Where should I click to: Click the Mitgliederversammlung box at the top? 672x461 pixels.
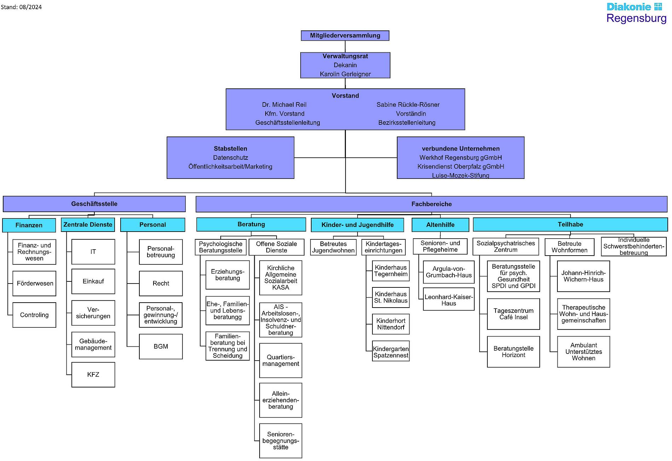tap(345, 35)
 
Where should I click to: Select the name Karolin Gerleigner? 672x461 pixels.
tap(345, 74)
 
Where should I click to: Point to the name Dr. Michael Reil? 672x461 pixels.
tap(284, 105)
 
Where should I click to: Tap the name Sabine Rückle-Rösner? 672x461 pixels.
tap(408, 105)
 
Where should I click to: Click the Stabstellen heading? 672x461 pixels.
tap(230, 148)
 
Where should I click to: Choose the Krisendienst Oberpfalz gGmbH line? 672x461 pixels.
tap(460, 167)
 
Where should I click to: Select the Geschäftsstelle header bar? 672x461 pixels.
tap(94, 204)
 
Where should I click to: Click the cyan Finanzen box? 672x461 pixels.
tap(29, 225)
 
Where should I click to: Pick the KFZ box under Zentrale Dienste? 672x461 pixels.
tap(93, 375)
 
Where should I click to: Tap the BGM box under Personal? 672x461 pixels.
tap(161, 346)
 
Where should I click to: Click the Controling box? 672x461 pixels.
tap(34, 315)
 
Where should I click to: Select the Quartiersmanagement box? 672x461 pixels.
tap(280, 361)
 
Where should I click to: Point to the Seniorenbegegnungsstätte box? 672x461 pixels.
tap(280, 441)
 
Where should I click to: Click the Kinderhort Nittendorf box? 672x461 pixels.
tap(390, 324)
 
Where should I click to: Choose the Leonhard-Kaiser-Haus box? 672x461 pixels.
tap(448, 300)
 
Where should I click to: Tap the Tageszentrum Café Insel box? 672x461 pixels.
tap(513, 314)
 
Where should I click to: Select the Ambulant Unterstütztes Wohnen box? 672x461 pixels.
tap(583, 352)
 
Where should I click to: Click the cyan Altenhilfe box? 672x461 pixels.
tap(440, 225)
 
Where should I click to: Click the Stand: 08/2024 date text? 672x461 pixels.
tap(21, 7)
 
